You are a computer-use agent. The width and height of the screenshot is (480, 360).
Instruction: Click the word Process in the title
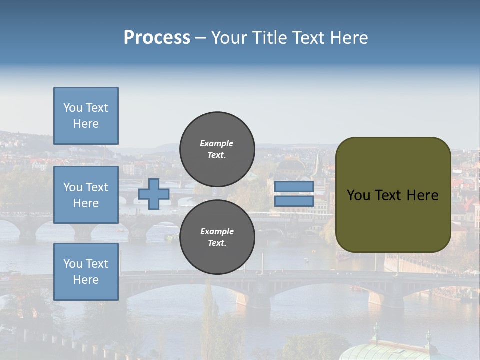[x=157, y=38]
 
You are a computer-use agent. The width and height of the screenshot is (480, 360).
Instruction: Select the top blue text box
[x=86, y=116]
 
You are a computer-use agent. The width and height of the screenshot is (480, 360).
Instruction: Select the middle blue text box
[x=86, y=195]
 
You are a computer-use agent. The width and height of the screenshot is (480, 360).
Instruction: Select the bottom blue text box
[x=86, y=272]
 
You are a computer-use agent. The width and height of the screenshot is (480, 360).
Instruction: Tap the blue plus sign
[x=154, y=194]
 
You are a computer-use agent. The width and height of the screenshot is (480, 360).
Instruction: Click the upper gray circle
[x=217, y=149]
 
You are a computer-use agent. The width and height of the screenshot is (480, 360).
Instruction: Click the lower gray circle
[x=217, y=237]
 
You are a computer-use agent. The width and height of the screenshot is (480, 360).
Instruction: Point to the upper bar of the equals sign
[x=294, y=187]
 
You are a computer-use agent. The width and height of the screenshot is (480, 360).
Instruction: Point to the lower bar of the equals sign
[x=294, y=201]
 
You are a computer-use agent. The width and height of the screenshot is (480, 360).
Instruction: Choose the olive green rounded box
[x=393, y=195]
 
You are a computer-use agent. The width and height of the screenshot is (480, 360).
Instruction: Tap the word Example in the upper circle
[x=217, y=143]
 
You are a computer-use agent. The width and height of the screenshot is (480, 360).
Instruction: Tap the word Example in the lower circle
[x=217, y=231]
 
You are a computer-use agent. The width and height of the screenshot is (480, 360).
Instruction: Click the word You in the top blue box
[x=73, y=108]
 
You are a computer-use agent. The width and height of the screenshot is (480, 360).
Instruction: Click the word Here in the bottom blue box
[x=86, y=280]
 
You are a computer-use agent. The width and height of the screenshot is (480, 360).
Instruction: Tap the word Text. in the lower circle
[x=217, y=243]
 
